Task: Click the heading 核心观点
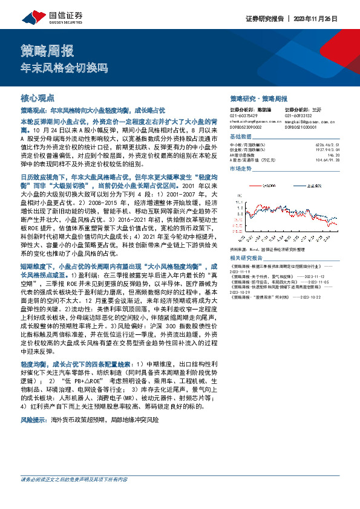38,97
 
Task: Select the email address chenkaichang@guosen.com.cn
255,121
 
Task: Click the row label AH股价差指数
244,155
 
